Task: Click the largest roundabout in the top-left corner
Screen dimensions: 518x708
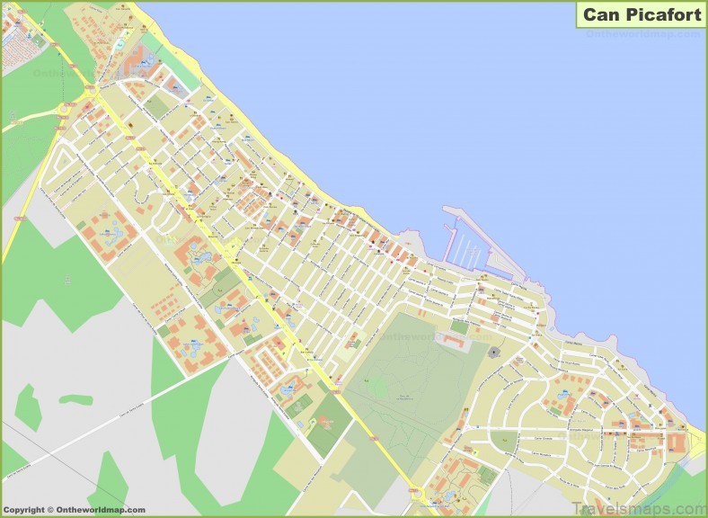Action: coord(91,91)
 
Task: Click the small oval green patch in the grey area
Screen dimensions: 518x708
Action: coord(75,398)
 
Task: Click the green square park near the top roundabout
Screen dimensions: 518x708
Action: coord(157,105)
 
